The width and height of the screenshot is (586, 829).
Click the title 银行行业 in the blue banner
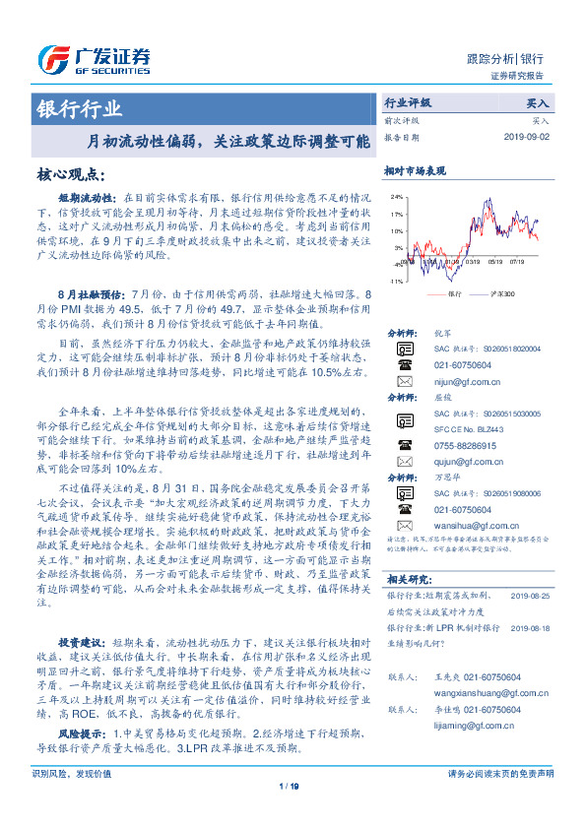point(80,108)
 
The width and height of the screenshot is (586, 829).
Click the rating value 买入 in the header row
point(539,102)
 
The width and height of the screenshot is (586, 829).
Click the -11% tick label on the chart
point(395,283)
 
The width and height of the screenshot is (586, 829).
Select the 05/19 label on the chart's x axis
point(493,262)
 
